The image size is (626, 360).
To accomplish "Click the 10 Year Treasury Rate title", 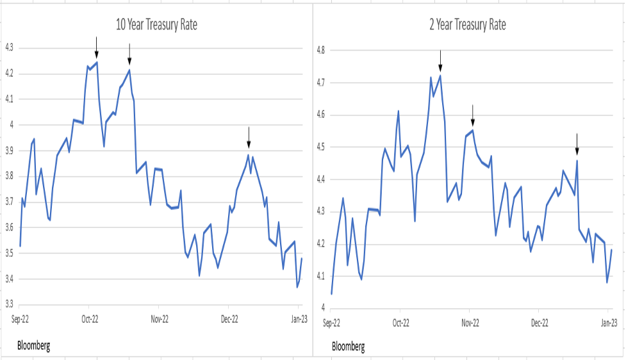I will pyautogui.click(x=156, y=25).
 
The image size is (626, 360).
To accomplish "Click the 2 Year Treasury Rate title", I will pyautogui.click(x=468, y=25).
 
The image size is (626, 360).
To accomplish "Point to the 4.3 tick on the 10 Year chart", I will pyautogui.click(x=10, y=48).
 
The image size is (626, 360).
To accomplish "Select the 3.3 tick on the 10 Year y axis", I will pyautogui.click(x=10, y=305).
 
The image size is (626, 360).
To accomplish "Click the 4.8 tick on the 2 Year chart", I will pyautogui.click(x=320, y=50).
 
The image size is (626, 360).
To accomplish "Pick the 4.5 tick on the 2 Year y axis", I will pyautogui.click(x=320, y=147).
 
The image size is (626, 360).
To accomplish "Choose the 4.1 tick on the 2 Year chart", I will pyautogui.click(x=320, y=277).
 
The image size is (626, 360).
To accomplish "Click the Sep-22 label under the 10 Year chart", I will pyautogui.click(x=19, y=318).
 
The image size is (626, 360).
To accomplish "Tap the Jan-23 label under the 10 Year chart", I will pyautogui.click(x=298, y=318).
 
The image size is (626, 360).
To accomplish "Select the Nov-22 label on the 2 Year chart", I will pyautogui.click(x=470, y=323).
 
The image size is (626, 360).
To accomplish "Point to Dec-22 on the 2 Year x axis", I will pyautogui.click(x=540, y=323).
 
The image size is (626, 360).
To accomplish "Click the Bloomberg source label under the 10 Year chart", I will pyautogui.click(x=33, y=346).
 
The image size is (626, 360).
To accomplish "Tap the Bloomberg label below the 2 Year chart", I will pyautogui.click(x=349, y=347).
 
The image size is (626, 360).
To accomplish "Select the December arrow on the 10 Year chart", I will pyautogui.click(x=249, y=137).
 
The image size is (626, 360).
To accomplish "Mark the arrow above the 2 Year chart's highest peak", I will pyautogui.click(x=440, y=60).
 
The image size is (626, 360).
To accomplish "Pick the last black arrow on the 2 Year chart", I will pyautogui.click(x=577, y=144).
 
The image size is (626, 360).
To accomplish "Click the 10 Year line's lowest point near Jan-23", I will pyautogui.click(x=297, y=287).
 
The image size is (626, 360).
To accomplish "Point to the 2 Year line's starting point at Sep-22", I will pyautogui.click(x=331, y=294).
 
